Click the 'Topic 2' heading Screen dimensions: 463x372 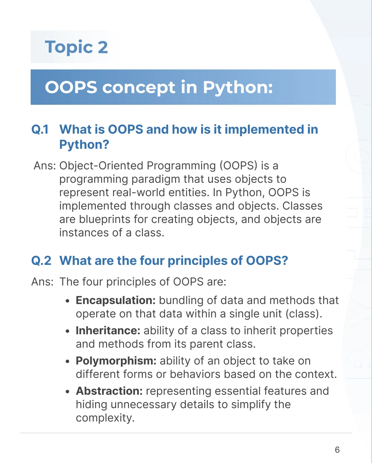(x=76, y=47)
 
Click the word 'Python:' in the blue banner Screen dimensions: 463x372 (x=238, y=87)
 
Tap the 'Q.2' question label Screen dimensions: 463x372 (x=41, y=261)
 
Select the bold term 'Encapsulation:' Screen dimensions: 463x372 (x=115, y=301)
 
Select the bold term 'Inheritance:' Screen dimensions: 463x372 (x=108, y=331)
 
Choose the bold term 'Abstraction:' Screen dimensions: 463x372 (x=109, y=391)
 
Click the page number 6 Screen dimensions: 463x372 (x=337, y=450)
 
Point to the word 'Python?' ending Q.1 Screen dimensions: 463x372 (x=84, y=145)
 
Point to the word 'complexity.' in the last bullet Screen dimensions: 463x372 (x=105, y=418)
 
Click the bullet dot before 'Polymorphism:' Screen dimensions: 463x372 (x=68, y=361)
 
